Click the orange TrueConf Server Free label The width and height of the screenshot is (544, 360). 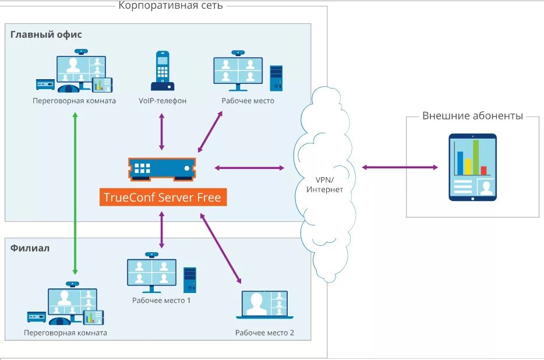click(163, 197)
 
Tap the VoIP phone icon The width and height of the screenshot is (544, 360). click(163, 71)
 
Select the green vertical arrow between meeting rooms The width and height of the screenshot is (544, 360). click(75, 194)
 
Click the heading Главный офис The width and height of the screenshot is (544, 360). click(46, 34)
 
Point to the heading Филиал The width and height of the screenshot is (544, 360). click(30, 248)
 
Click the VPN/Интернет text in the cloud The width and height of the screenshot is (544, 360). click(324, 185)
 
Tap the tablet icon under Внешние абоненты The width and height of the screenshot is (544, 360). click(472, 167)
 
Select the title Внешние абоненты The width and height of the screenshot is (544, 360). click(472, 115)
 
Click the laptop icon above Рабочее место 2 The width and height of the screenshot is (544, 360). click(264, 305)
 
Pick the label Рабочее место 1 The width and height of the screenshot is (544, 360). click(161, 300)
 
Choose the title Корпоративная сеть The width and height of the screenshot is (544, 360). click(171, 6)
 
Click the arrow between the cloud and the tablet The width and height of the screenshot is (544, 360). click(400, 167)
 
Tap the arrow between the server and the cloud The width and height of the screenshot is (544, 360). click(249, 168)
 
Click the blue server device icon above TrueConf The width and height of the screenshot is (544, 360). click(162, 170)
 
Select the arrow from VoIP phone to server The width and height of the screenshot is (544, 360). click(161, 132)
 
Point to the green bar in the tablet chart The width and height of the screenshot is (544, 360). click(476, 157)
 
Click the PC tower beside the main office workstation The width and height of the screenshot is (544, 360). click(276, 78)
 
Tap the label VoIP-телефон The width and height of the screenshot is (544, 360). click(163, 101)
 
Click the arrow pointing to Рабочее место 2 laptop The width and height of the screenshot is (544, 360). click(221, 249)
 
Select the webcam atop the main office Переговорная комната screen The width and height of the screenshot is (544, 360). click(81, 52)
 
